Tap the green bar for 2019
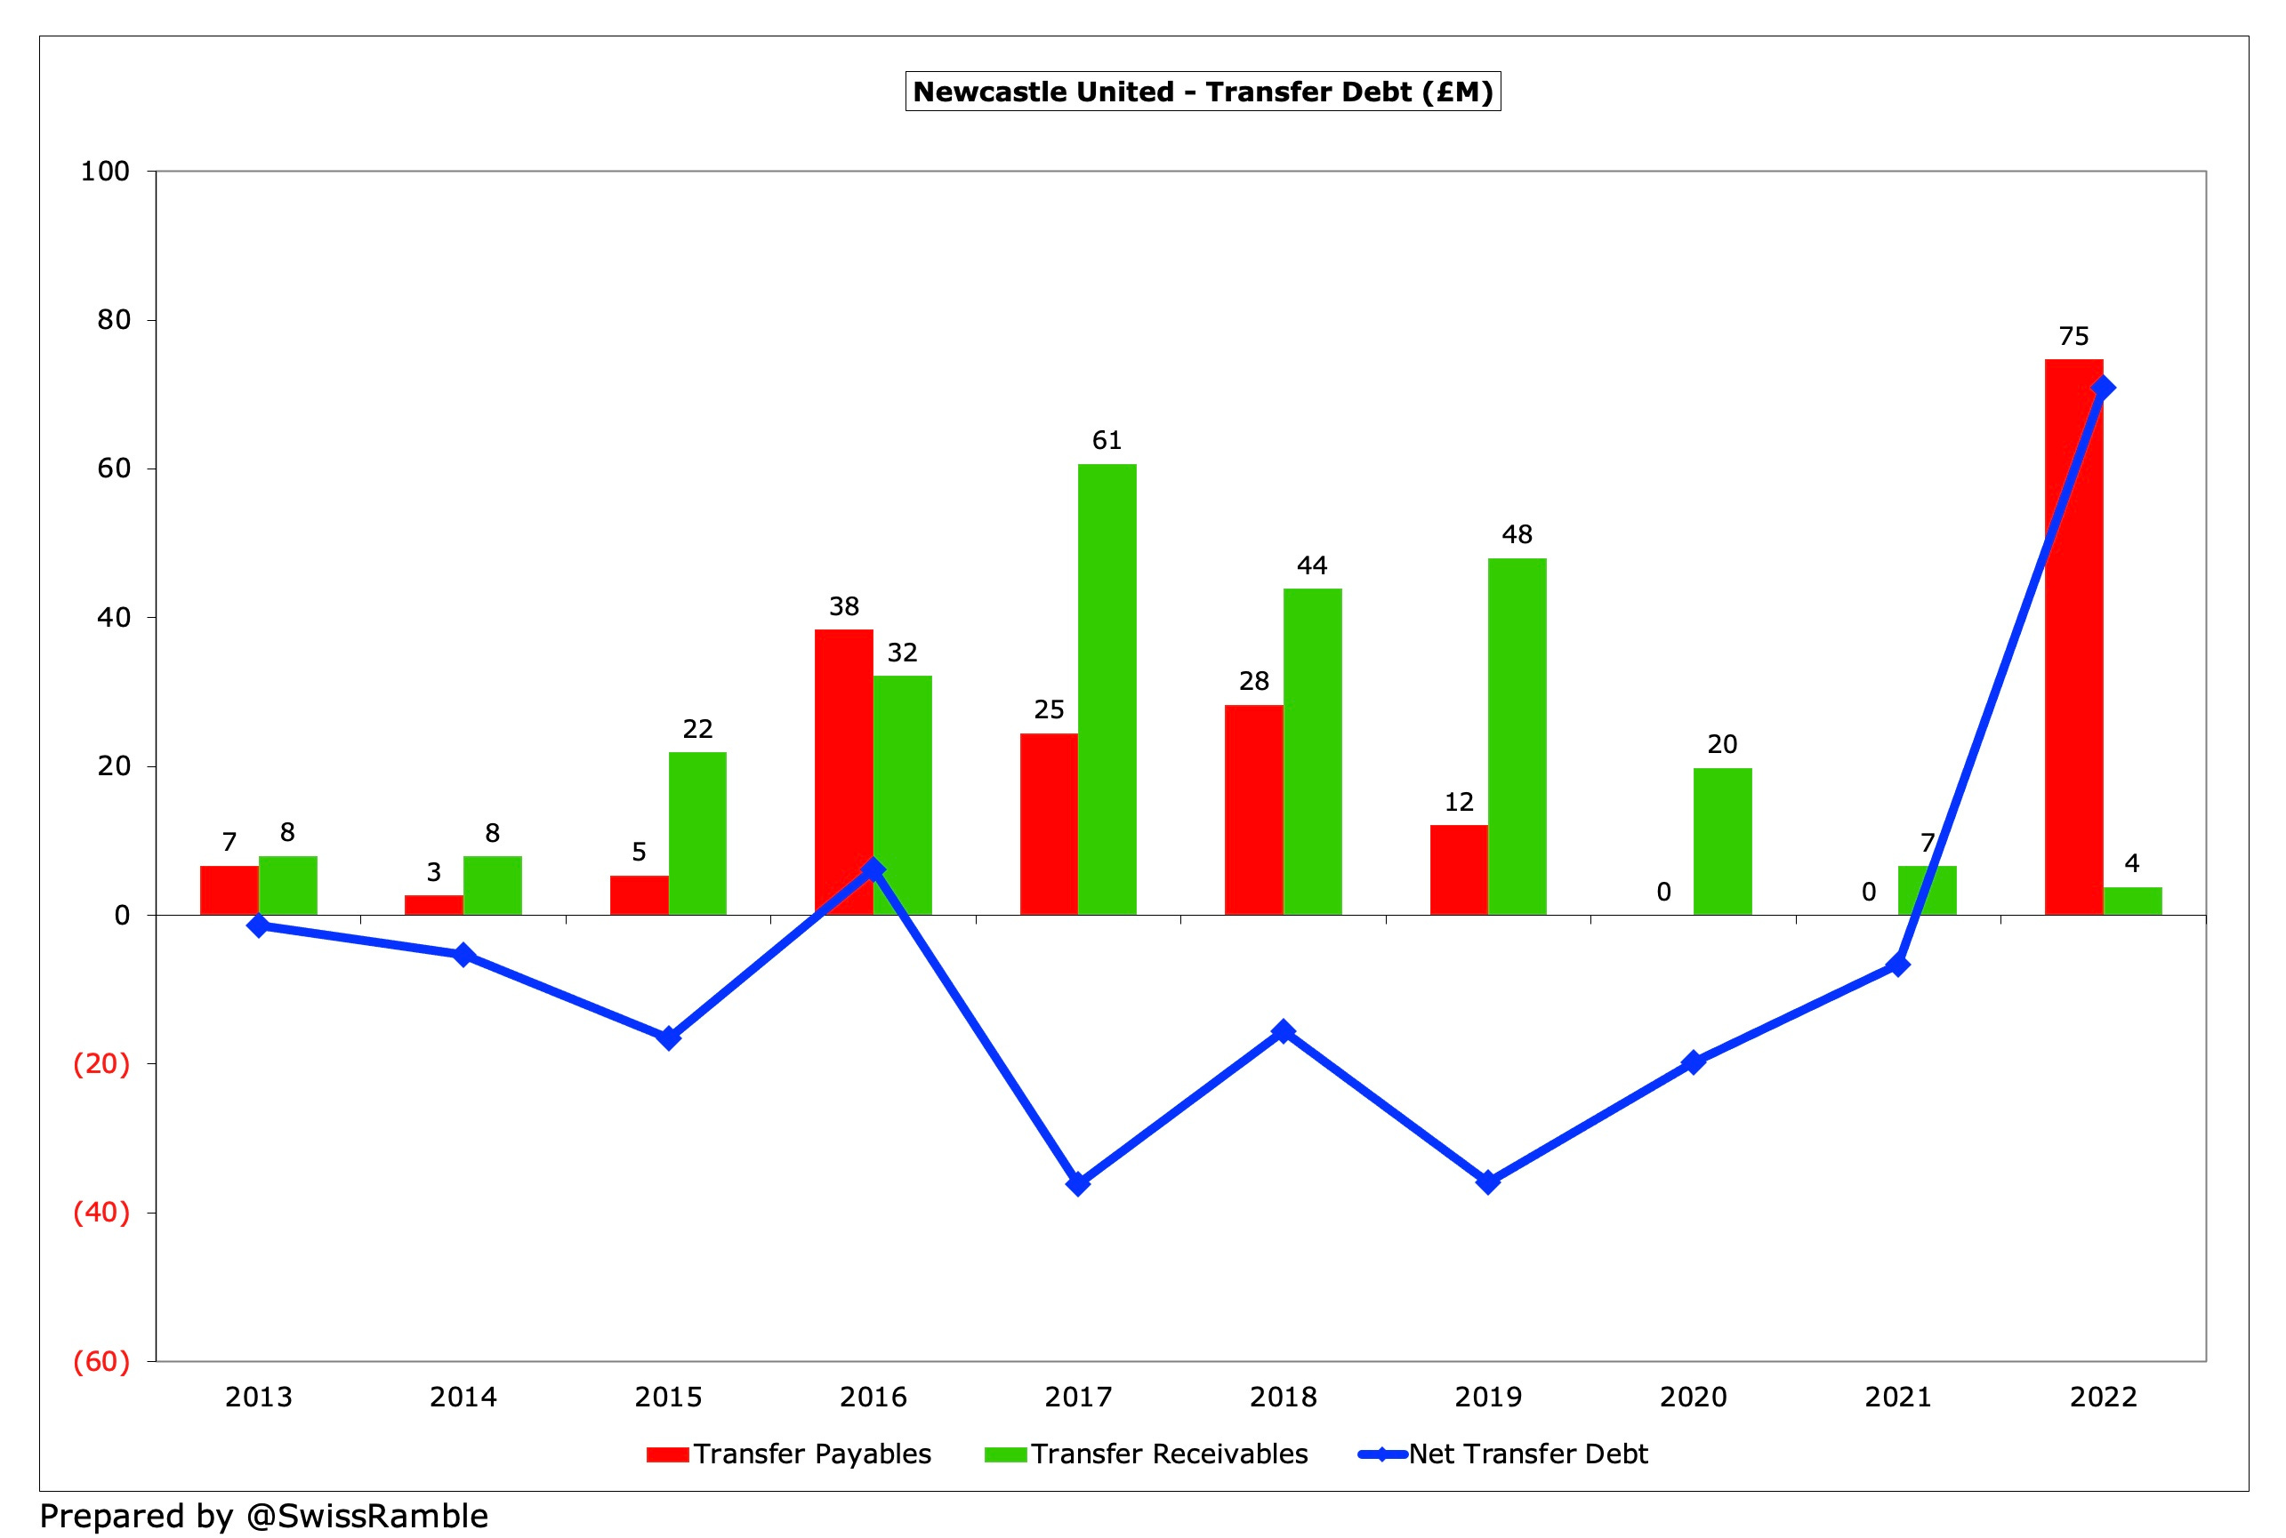coord(1516,735)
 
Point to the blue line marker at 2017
coord(1078,1184)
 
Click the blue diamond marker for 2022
coord(2103,389)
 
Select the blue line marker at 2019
coord(1487,1182)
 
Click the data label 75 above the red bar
coord(2073,336)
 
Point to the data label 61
coord(1107,440)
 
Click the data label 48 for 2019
coord(1516,534)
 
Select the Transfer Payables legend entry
coord(789,1454)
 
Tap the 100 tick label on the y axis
coord(105,172)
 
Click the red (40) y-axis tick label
coord(101,1213)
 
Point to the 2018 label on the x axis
coord(1283,1397)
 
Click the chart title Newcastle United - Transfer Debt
coord(1202,92)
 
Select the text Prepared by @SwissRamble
coord(263,1516)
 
